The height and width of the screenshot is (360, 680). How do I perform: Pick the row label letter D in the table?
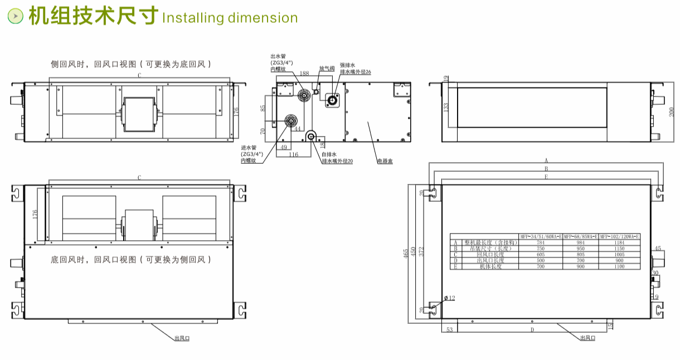(x=455, y=260)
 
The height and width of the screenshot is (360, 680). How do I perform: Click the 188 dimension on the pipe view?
(x=304, y=74)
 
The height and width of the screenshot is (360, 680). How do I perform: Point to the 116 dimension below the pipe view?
(x=293, y=154)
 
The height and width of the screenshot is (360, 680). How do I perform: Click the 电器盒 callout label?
(x=385, y=161)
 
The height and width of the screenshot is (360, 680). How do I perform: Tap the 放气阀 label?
(x=327, y=69)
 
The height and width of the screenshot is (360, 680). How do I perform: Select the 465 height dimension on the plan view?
(x=413, y=254)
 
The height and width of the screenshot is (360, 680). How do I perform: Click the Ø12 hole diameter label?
(x=449, y=298)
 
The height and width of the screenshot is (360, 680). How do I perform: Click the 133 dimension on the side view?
(x=446, y=107)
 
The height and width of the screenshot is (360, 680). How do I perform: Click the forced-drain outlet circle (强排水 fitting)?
(x=333, y=100)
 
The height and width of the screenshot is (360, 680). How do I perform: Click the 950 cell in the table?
(x=580, y=249)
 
